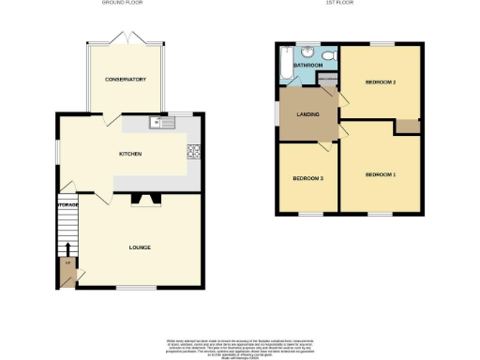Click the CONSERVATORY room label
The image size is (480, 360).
click(125, 80)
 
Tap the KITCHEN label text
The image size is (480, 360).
click(129, 153)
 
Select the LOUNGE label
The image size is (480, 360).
click(140, 247)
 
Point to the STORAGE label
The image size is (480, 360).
click(67, 204)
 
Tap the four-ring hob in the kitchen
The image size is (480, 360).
click(195, 153)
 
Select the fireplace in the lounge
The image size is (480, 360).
click(145, 198)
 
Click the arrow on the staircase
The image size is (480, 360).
click(67, 250)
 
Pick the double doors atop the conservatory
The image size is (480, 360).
click(125, 41)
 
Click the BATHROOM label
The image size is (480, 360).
click(307, 66)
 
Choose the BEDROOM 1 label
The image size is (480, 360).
click(381, 175)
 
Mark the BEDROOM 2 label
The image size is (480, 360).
click(381, 82)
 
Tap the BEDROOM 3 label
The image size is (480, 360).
click(307, 178)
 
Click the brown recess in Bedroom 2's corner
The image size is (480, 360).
click(407, 127)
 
